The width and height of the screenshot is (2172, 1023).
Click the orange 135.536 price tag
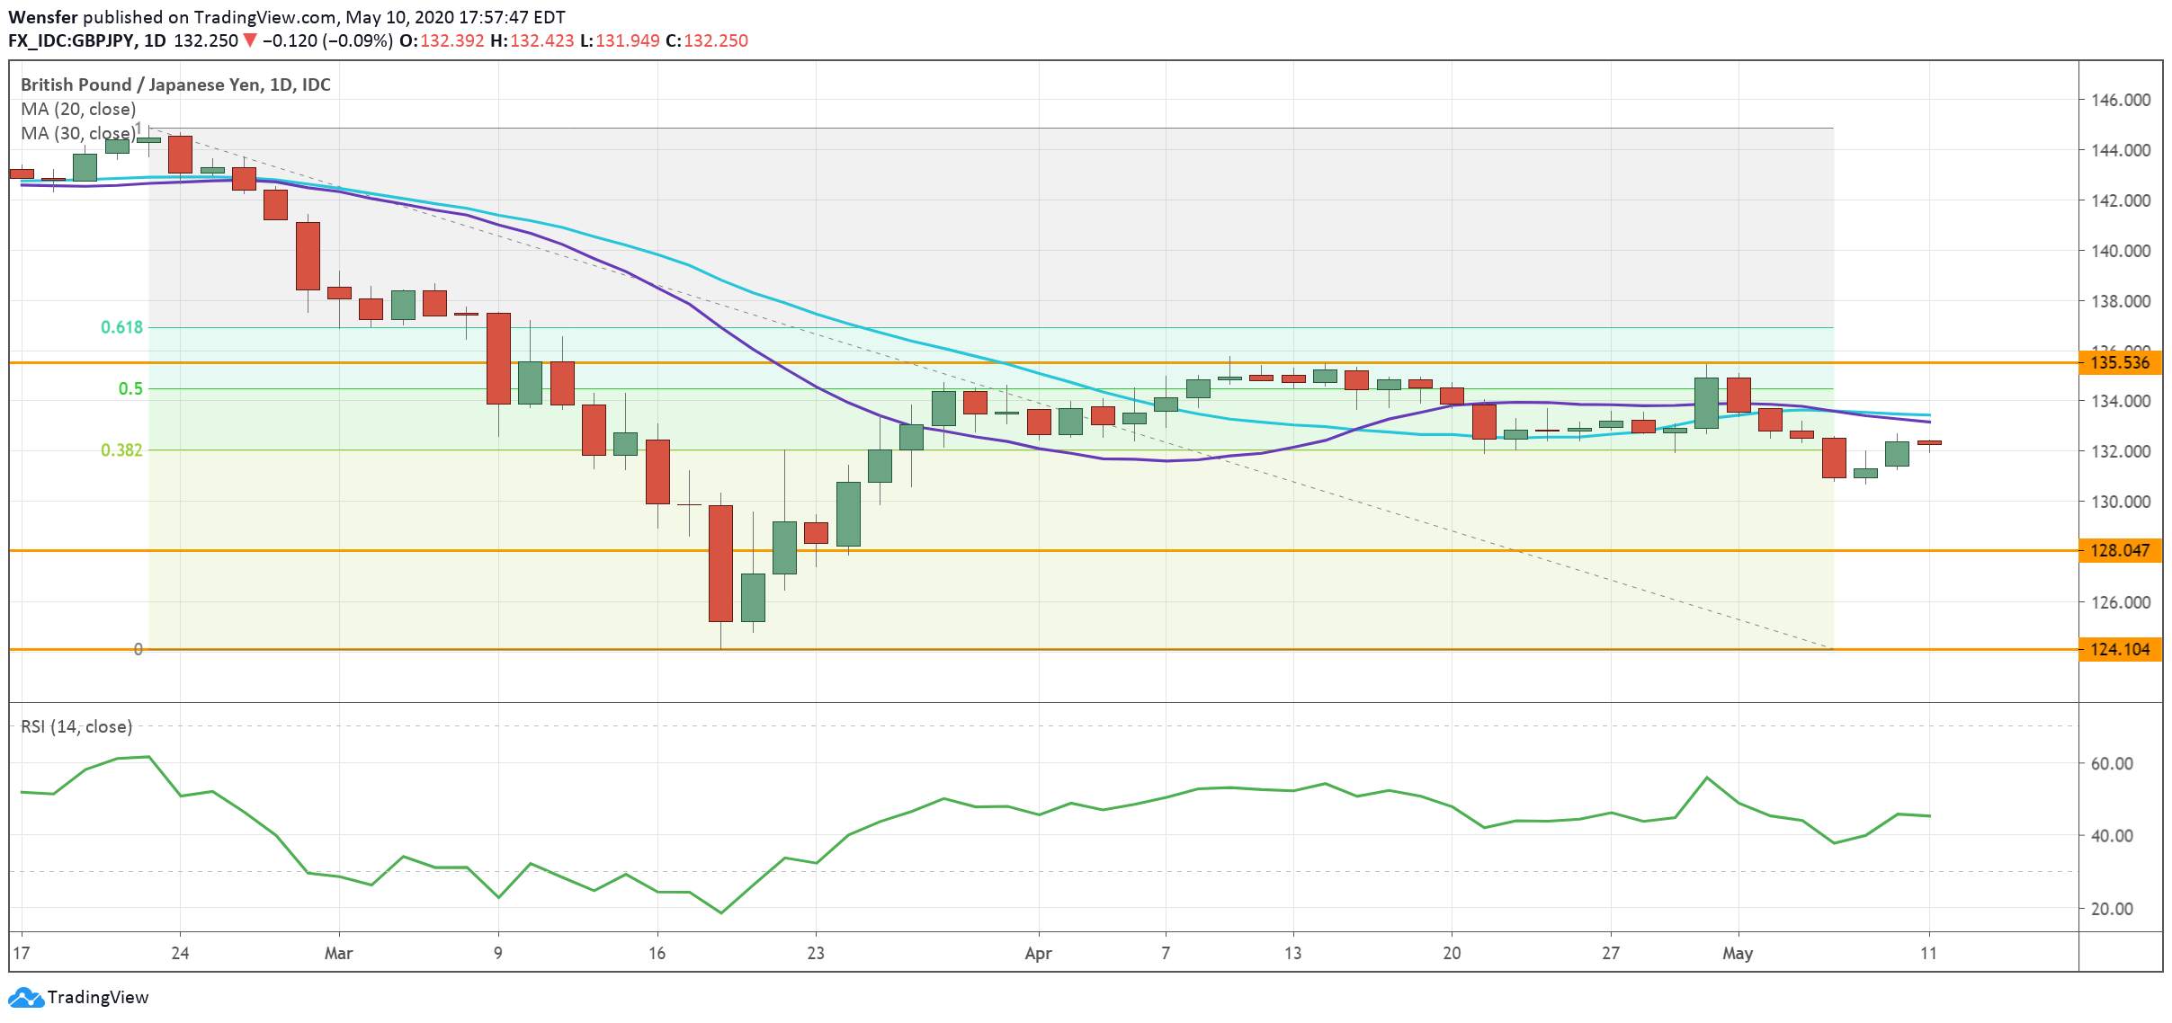tap(2120, 363)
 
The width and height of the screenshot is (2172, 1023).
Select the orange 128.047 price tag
tap(2120, 550)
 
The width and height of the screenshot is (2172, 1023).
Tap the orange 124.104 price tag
tap(2120, 649)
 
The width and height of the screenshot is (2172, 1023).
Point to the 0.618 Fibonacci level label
tap(122, 327)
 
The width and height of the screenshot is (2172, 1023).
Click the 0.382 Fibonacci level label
tap(122, 449)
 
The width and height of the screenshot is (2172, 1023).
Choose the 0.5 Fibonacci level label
tap(131, 388)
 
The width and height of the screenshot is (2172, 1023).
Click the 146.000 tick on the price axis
tap(2121, 100)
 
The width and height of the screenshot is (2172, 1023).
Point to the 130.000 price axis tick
tap(2121, 502)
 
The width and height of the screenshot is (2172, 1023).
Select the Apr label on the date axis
tap(1038, 953)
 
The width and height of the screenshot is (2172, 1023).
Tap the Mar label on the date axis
tap(338, 953)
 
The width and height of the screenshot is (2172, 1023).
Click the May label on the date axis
tap(1738, 953)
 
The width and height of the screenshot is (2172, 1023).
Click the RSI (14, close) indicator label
tap(76, 726)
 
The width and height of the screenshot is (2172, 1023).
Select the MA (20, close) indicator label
tap(78, 109)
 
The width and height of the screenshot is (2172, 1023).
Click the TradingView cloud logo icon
tap(25, 998)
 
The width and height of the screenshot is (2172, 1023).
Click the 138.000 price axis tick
tap(2121, 301)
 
